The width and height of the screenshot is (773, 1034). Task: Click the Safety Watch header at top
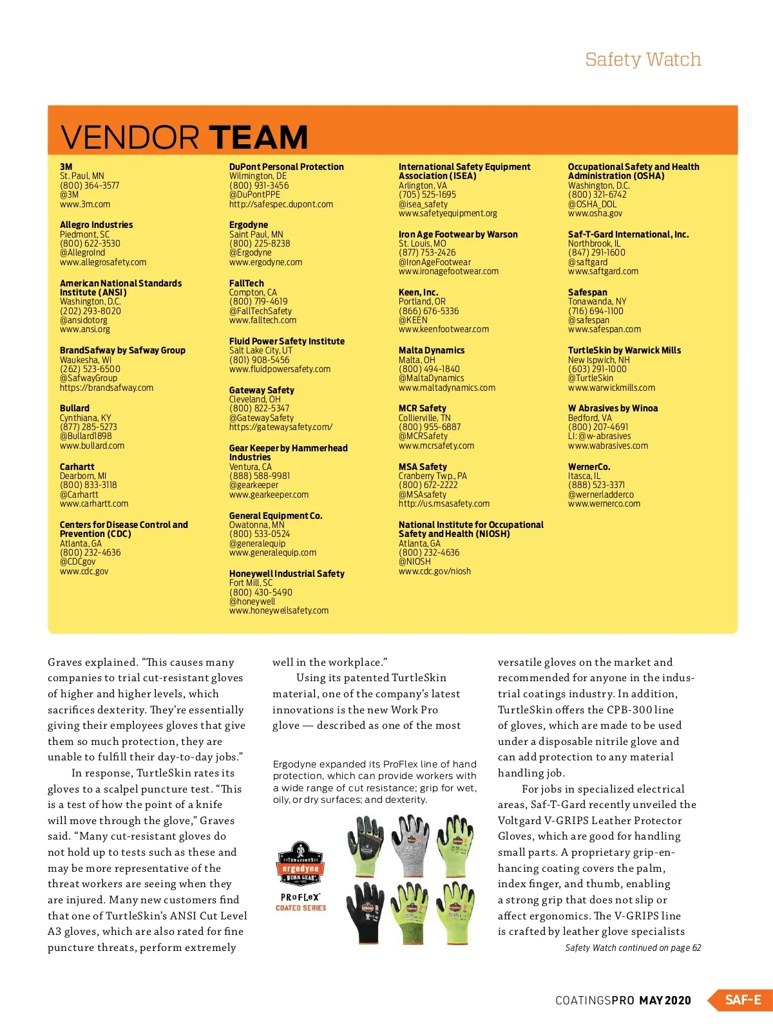[x=642, y=59]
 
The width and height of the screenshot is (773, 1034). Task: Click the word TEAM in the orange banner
[x=258, y=137]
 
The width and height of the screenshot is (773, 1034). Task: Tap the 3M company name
[x=66, y=167]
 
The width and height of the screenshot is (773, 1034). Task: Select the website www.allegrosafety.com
[x=103, y=262]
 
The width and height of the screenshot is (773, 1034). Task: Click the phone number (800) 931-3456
[x=259, y=185]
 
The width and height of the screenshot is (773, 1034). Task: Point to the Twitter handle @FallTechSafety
[x=260, y=311]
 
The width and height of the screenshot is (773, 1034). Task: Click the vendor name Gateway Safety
[x=262, y=390]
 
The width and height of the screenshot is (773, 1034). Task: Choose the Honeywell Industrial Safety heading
[x=287, y=574]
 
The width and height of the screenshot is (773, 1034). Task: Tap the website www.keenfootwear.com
[x=443, y=329]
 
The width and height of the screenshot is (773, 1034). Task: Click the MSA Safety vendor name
[x=423, y=467]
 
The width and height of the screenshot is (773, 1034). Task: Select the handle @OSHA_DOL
[x=592, y=204]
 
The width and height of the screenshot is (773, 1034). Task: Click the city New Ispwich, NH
[x=598, y=360]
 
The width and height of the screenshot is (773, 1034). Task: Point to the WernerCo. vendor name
[x=589, y=467]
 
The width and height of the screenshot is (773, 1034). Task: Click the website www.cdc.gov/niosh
[x=434, y=571]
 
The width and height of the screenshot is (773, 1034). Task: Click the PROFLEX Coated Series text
[x=301, y=901]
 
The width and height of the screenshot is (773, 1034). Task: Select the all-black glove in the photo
[x=365, y=914]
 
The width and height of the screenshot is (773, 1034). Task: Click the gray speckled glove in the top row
[x=410, y=846]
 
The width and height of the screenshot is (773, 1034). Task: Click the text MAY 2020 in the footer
[x=665, y=1001]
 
